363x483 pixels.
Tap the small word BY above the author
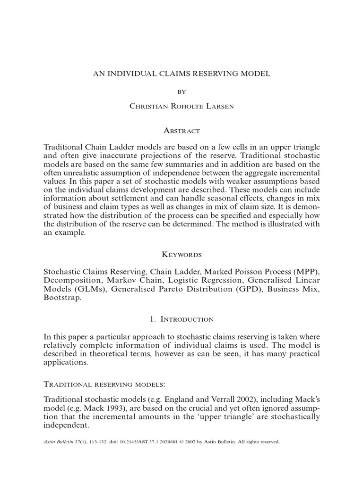pos(181,92)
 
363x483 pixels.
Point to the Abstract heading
pos(181,130)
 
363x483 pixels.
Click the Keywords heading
pos(181,254)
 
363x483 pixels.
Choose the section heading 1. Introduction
pos(181,319)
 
